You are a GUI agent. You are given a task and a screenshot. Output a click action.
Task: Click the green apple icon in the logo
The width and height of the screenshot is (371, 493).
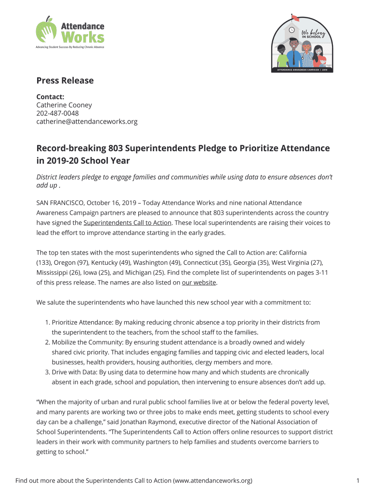tap(46, 30)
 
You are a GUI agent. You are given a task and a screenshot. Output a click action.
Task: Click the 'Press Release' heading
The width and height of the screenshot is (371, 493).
tap(65, 80)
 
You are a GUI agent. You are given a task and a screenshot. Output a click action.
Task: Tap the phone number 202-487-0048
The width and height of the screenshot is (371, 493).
tap(57, 113)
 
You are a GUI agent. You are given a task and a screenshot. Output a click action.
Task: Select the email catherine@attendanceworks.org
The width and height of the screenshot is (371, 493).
tap(87, 122)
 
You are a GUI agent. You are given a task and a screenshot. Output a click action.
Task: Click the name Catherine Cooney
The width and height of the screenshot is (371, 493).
tap(64, 105)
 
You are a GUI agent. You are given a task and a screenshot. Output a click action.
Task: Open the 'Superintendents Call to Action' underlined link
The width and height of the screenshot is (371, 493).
tap(127, 223)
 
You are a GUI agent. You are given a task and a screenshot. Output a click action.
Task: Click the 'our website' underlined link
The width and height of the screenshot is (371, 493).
tap(199, 283)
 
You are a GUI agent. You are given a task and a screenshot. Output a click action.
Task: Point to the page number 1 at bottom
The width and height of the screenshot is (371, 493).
tap(358, 480)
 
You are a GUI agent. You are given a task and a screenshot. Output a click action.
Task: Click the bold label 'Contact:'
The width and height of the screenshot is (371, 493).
tap(50, 96)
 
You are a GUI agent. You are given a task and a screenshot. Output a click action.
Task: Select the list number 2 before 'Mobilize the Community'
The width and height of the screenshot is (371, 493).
tap(48, 342)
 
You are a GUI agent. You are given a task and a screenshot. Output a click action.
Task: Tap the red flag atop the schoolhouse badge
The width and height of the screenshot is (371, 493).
tap(295, 19)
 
